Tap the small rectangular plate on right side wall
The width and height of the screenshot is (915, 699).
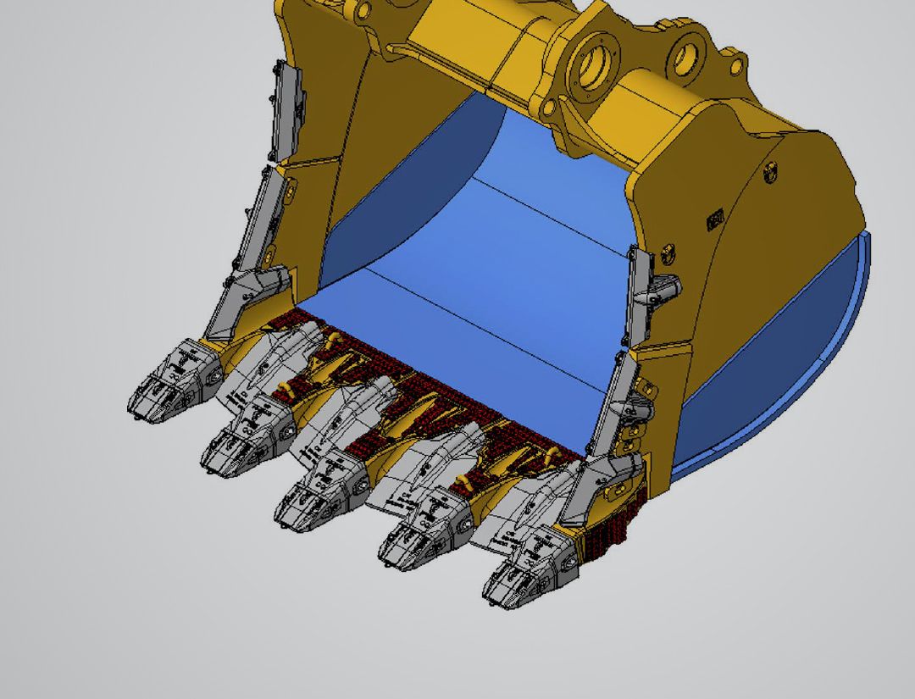tap(714, 220)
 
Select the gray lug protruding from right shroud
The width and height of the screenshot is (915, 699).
tap(668, 288)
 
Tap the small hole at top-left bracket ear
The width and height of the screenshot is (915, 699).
tap(363, 11)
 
